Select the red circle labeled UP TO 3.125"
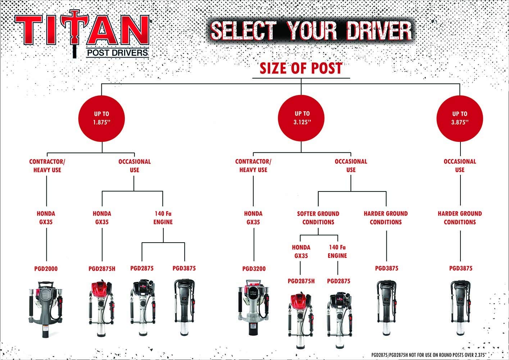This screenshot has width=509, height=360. [302, 118]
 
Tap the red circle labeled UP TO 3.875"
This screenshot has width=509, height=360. [460, 118]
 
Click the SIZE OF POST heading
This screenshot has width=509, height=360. [301, 68]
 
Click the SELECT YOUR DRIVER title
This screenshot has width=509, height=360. [311, 30]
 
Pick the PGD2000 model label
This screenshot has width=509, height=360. [46, 269]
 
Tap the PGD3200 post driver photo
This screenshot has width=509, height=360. [254, 306]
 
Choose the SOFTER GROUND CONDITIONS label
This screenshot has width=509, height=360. [318, 218]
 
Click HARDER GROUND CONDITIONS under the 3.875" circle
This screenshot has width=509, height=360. [460, 218]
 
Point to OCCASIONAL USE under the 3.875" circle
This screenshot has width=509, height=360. [460, 166]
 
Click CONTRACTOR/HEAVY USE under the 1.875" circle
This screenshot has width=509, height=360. [47, 166]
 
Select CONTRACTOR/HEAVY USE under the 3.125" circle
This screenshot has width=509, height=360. [253, 166]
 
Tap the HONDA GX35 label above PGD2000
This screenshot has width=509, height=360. [46, 218]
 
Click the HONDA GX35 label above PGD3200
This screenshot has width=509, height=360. [253, 218]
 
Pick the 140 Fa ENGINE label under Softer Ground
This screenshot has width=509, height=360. [337, 251]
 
